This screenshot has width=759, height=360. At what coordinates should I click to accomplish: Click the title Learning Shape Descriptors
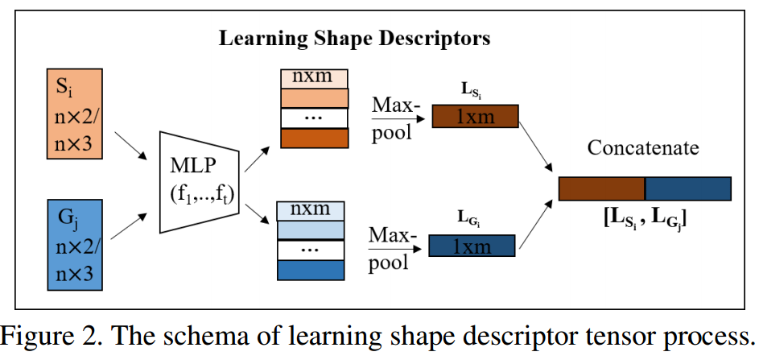(354, 38)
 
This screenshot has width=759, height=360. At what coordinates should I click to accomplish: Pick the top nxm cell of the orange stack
(314, 78)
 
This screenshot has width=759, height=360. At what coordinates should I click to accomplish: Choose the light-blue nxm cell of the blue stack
(309, 210)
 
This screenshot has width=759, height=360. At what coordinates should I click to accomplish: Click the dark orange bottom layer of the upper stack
(314, 138)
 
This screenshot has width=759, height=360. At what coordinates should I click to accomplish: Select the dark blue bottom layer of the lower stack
(309, 271)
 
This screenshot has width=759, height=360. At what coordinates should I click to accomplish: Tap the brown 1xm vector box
(475, 117)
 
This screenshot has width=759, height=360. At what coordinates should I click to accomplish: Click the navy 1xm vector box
(472, 245)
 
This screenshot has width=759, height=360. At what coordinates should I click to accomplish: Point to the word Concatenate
(644, 149)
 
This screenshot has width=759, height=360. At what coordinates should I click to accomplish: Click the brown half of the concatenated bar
(602, 188)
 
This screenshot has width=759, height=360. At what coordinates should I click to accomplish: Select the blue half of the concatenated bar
(688, 188)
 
